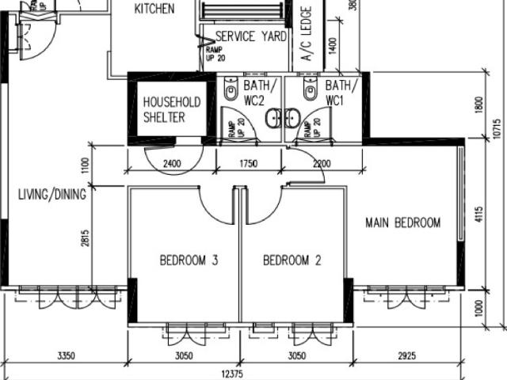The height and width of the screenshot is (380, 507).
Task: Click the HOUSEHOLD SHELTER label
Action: tap(171, 109)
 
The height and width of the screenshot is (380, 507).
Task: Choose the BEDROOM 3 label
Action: tap(189, 260)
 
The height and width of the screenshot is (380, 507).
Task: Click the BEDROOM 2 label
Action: tap(292, 260)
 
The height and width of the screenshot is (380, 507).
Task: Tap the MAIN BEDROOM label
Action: tap(402, 222)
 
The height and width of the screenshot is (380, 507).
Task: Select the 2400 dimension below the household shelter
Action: tap(172, 165)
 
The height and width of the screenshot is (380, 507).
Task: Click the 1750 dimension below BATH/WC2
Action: tap(247, 165)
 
